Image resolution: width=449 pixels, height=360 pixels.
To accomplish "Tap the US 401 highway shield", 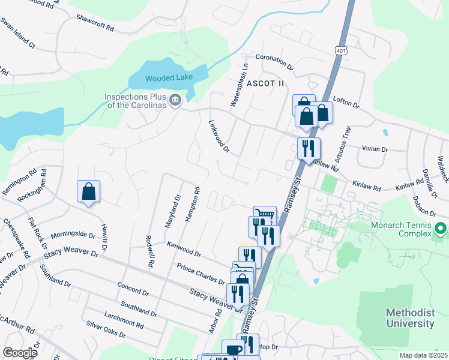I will point(341,52).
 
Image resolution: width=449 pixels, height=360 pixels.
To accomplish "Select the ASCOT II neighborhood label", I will point(265,83).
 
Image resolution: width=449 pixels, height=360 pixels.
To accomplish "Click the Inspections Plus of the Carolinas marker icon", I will point(175,100).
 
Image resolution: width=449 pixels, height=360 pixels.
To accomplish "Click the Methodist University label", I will point(410,319).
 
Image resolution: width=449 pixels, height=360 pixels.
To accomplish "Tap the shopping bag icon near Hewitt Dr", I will point(89,192).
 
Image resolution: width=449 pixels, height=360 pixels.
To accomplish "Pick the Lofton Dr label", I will point(346,105).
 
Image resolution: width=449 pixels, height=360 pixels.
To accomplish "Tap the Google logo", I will point(20,353).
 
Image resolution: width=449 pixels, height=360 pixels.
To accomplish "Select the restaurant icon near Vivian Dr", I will point(309,149).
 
